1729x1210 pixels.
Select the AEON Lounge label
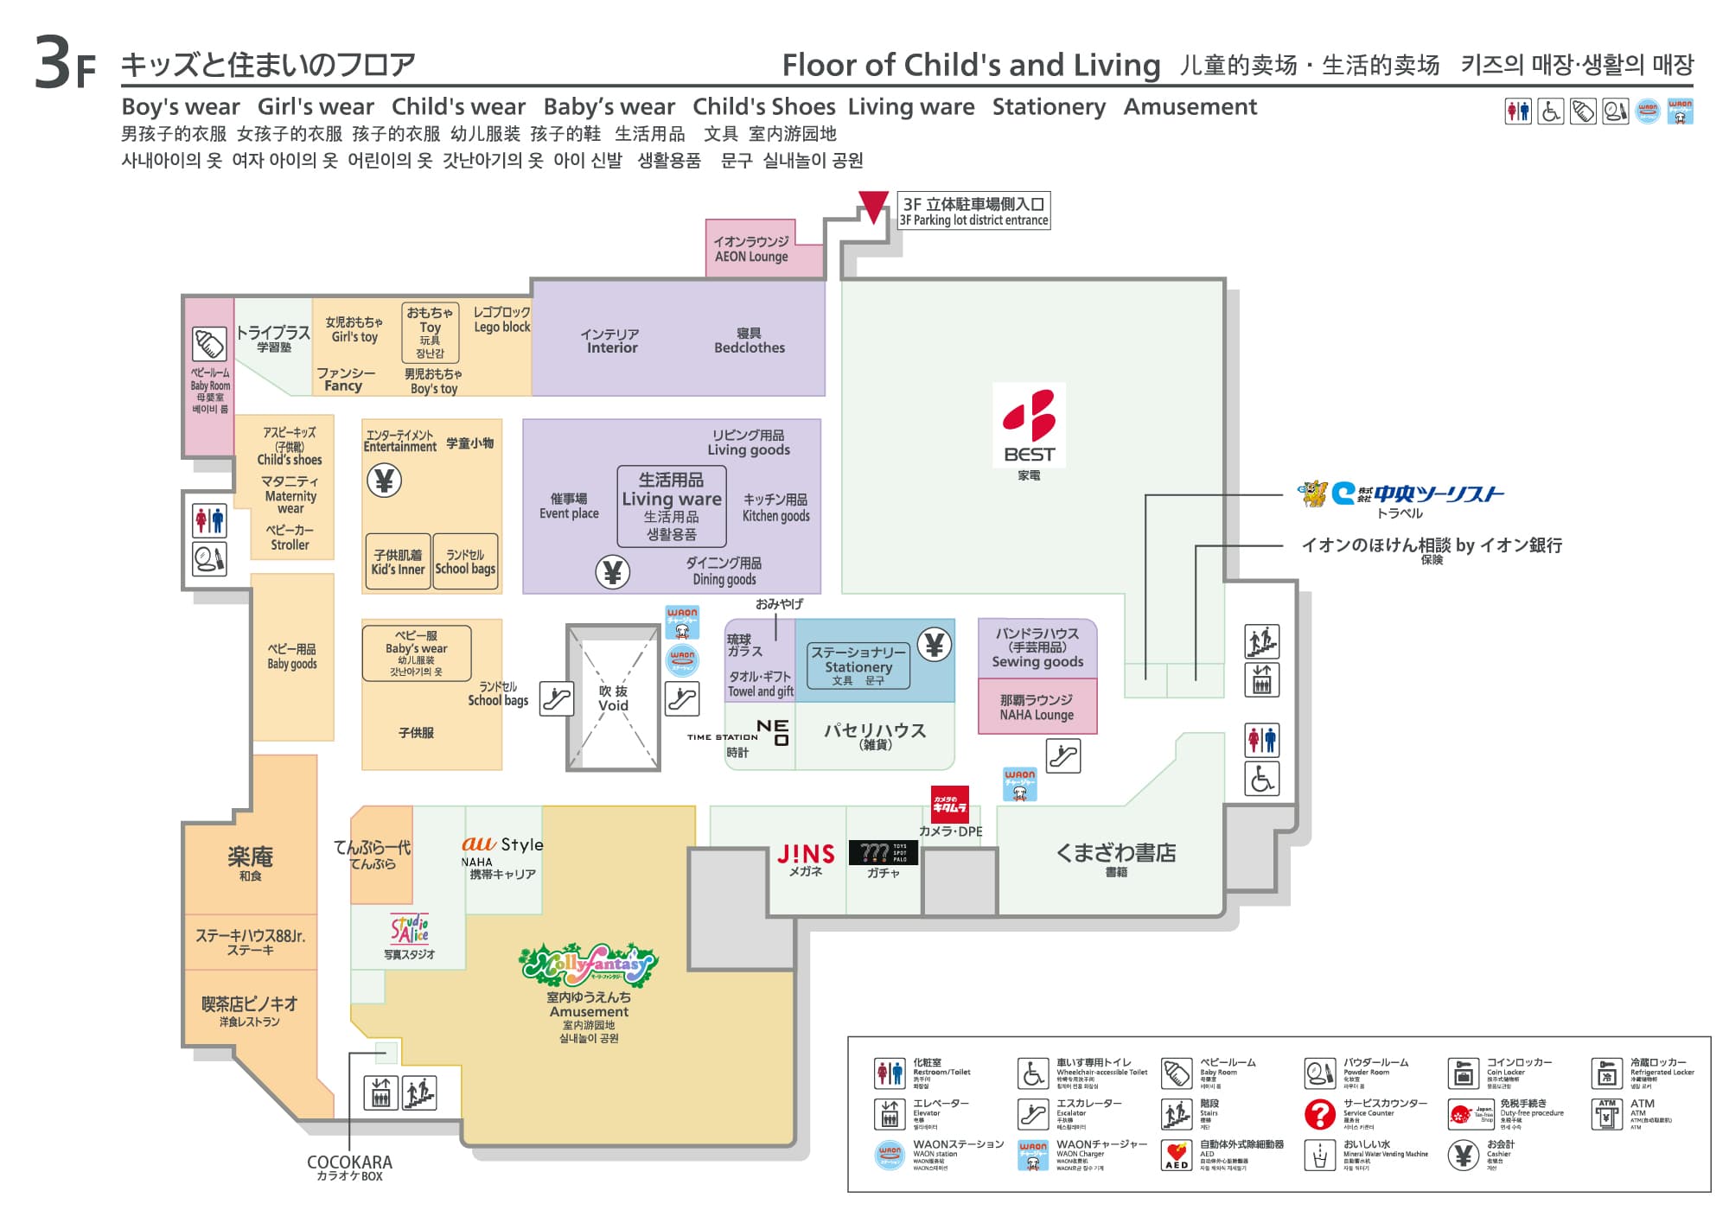(x=751, y=249)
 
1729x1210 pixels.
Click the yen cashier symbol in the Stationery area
(x=934, y=645)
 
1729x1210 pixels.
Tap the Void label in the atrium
(x=613, y=698)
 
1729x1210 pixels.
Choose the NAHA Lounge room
(x=1037, y=707)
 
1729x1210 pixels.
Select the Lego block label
(x=501, y=319)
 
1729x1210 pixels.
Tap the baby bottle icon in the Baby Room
(x=208, y=344)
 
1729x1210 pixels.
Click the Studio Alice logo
(x=410, y=929)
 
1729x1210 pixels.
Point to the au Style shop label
(x=501, y=844)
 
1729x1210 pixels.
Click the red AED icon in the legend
(x=1176, y=1156)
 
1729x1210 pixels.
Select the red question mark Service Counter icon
(x=1319, y=1114)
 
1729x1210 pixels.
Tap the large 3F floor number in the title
(x=64, y=64)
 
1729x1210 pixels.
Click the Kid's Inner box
(x=398, y=562)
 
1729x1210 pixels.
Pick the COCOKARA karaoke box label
(x=349, y=1167)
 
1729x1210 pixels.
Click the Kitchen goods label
(x=775, y=507)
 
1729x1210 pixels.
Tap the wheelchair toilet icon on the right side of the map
(x=1261, y=780)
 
